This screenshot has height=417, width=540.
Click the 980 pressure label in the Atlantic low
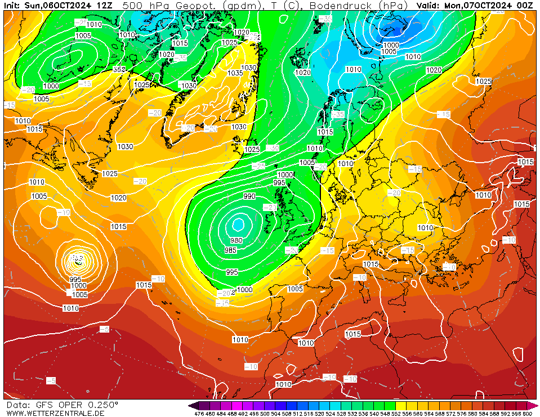click(236, 240)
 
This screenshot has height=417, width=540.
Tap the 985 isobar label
click(230, 250)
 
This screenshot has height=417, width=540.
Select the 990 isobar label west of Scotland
click(249, 196)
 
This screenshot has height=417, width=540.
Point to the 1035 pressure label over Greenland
click(235, 73)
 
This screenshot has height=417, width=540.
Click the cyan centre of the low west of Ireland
click(238, 225)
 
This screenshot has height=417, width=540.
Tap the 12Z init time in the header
click(104, 5)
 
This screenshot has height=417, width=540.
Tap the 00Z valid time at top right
click(525, 5)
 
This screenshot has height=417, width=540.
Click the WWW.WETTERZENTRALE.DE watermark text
click(55, 413)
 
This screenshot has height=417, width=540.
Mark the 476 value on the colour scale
click(199, 414)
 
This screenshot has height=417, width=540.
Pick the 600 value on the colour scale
click(528, 414)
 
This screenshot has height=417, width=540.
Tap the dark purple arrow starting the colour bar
click(193, 405)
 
